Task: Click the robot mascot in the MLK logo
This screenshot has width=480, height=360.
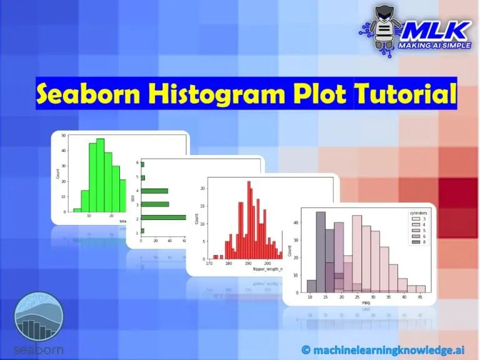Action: coord(382,28)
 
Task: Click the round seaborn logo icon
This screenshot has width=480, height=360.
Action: coord(39,317)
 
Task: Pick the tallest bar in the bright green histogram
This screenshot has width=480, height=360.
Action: coord(101,175)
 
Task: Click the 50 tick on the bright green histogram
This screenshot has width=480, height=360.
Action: coord(64,135)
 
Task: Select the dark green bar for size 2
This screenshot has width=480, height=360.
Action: coord(163,217)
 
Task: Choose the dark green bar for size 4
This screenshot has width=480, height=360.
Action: coord(155,191)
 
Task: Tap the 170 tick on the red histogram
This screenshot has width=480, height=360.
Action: coord(209,263)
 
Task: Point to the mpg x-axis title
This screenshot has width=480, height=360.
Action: coord(366,302)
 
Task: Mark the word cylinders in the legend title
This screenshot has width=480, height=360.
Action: coord(419,212)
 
